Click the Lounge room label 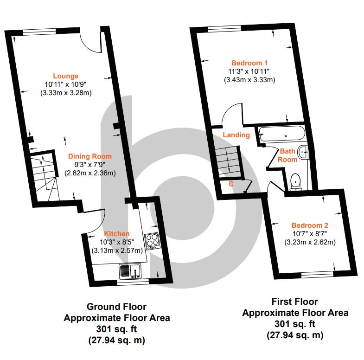[65, 76]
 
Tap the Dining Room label [90, 156]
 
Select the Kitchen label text [116, 234]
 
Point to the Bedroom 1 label [249, 63]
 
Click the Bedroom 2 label [310, 225]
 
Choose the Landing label [236, 135]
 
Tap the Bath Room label [287, 155]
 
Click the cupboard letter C [231, 184]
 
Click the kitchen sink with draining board [130, 271]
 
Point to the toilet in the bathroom [296, 182]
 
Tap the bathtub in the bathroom [281, 133]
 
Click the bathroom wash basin [303, 152]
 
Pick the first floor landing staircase [228, 162]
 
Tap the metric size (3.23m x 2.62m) [310, 242]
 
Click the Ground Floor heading [116, 307]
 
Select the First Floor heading [294, 302]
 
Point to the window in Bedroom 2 [317, 275]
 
